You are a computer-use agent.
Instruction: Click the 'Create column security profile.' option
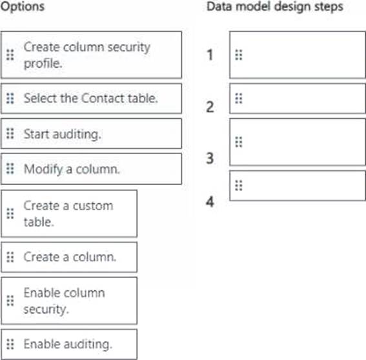pyautogui.click(x=91, y=55)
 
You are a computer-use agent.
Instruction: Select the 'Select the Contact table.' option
pyautogui.click(x=91, y=99)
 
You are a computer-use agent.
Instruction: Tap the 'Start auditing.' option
pyautogui.click(x=91, y=134)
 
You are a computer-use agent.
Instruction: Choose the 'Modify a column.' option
pyautogui.click(x=91, y=169)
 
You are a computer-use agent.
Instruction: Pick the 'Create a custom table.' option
pyautogui.click(x=69, y=214)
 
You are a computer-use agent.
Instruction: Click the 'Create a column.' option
pyautogui.click(x=69, y=257)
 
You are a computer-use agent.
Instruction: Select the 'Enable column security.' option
pyautogui.click(x=69, y=301)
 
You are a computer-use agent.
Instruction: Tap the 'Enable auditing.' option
pyautogui.click(x=69, y=345)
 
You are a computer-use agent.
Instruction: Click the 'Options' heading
pyautogui.click(x=23, y=6)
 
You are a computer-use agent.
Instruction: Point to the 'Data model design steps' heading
pyautogui.click(x=275, y=6)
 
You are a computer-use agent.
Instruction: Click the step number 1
pyautogui.click(x=210, y=55)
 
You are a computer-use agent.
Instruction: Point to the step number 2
pyautogui.click(x=210, y=107)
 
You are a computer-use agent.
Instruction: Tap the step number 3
pyautogui.click(x=210, y=158)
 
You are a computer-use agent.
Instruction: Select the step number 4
pyautogui.click(x=210, y=201)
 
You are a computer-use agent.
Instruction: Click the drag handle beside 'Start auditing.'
pyautogui.click(x=10, y=134)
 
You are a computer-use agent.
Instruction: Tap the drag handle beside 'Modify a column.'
pyautogui.click(x=10, y=168)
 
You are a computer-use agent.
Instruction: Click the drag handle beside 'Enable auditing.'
pyautogui.click(x=10, y=344)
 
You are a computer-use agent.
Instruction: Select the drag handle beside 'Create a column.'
pyautogui.click(x=10, y=257)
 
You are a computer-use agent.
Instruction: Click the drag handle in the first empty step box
pyautogui.click(x=239, y=55)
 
